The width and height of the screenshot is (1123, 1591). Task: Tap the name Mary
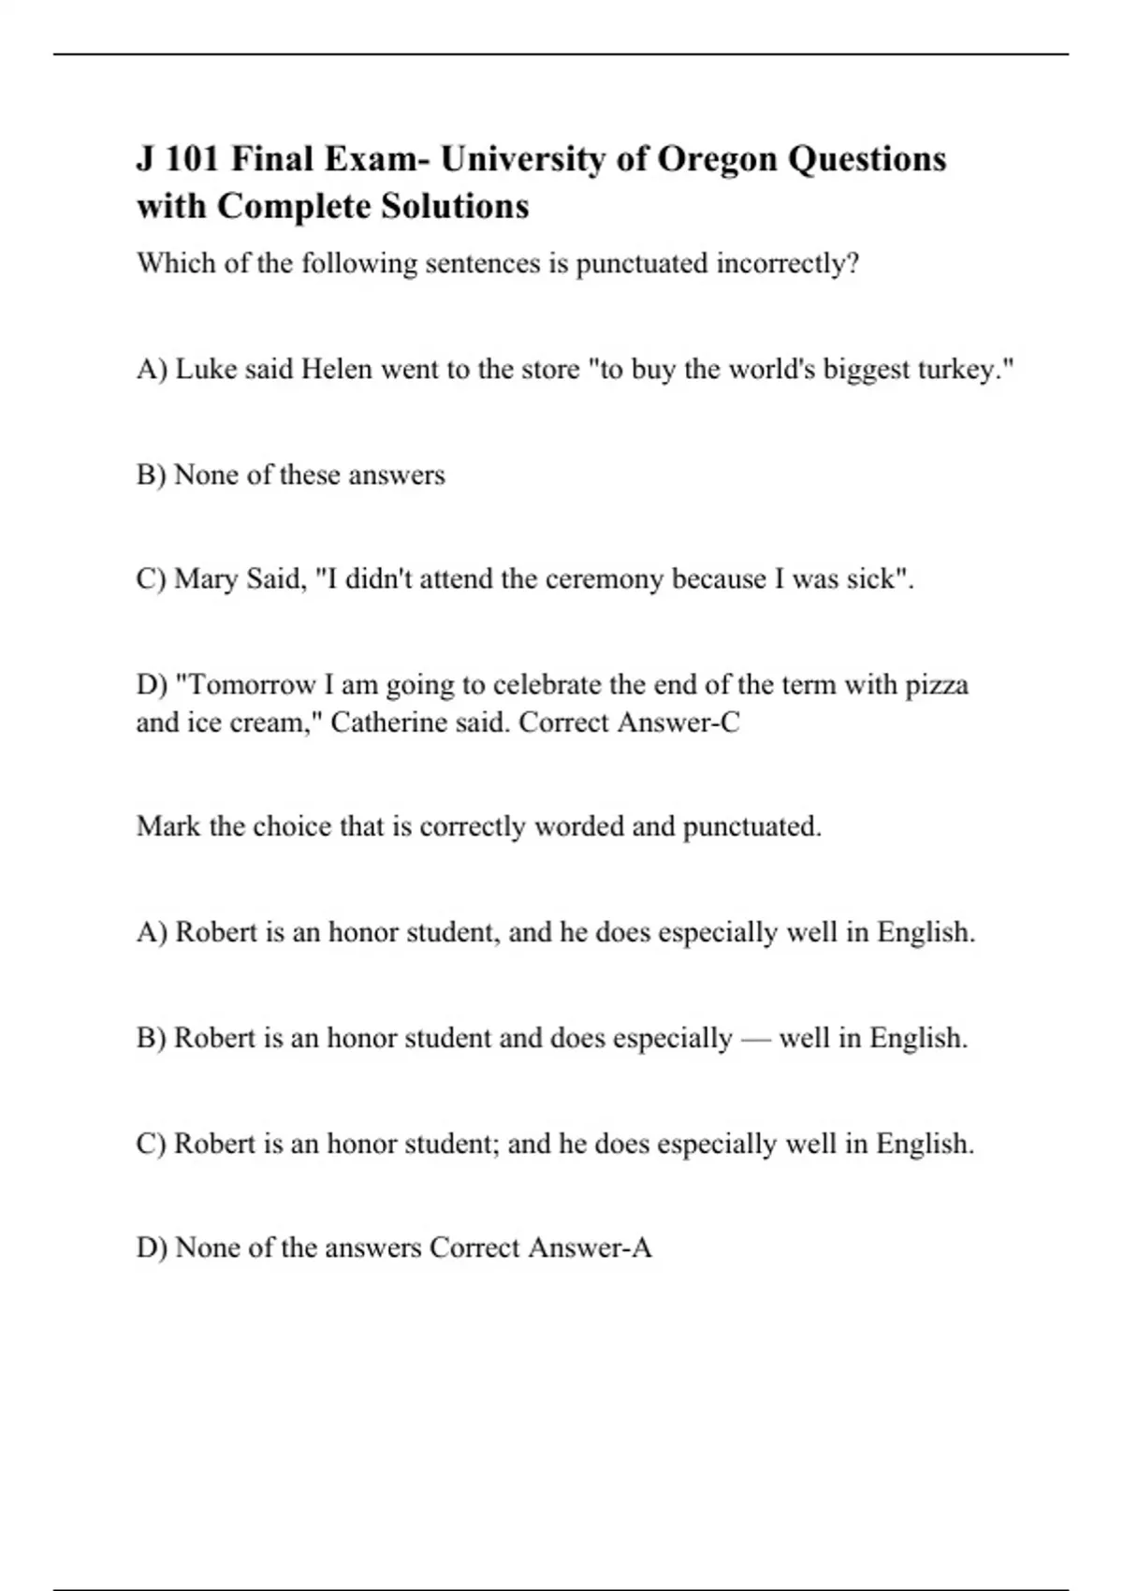pos(207,579)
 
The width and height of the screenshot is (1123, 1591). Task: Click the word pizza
pos(937,685)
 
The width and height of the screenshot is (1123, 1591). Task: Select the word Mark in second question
pos(168,826)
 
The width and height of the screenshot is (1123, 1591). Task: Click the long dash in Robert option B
pos(755,1038)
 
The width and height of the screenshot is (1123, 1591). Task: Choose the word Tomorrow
pos(246,685)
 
